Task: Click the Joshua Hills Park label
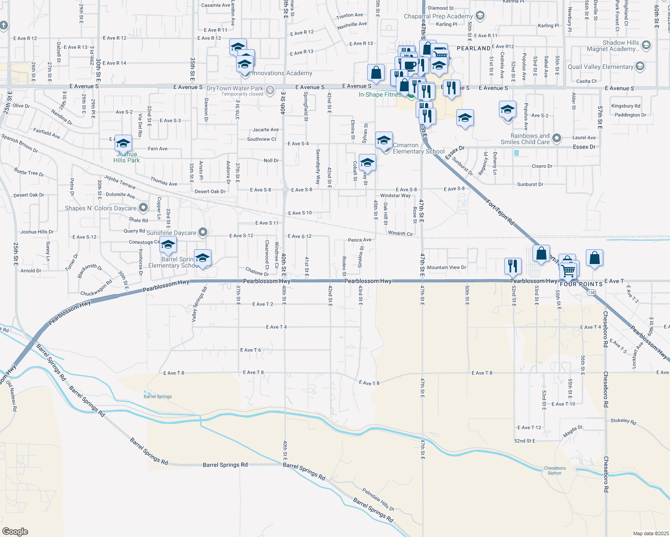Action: pos(126,157)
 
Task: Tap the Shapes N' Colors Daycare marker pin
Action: pos(143,208)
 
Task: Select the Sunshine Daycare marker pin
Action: pos(203,232)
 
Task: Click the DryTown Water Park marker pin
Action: pos(270,90)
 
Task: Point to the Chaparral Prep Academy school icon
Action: pos(480,16)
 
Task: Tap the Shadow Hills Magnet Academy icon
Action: pos(646,45)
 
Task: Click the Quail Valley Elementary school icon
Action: pos(640,67)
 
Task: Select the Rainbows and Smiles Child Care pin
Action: pos(556,138)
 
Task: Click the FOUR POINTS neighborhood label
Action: pos(581,284)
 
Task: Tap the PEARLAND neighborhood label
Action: pos(473,48)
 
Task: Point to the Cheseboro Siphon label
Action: pos(554,470)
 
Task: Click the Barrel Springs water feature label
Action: pos(158,396)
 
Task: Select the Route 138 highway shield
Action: pos(592,293)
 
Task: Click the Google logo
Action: pos(15,531)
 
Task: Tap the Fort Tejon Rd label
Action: pos(500,210)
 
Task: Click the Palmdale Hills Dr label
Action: pos(378,499)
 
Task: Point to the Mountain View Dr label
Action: pos(447,267)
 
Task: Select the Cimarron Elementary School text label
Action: pos(418,148)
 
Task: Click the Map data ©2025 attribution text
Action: pos(651,533)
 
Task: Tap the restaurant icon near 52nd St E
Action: pos(512,266)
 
